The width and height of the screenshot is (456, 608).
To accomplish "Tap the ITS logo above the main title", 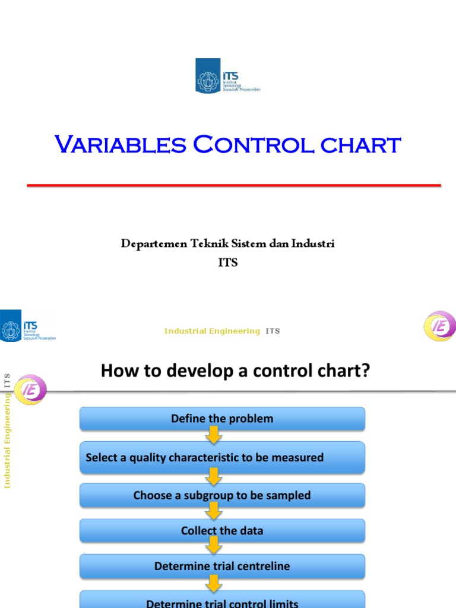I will (x=228, y=75).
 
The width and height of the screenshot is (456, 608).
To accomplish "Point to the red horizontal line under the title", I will (x=234, y=186).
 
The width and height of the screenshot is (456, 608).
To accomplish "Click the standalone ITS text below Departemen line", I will (x=228, y=262).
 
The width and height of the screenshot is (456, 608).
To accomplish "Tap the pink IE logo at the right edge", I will (x=439, y=326).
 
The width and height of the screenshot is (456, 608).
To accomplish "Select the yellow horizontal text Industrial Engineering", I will (x=212, y=331).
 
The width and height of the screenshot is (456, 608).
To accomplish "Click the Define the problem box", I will (x=222, y=419).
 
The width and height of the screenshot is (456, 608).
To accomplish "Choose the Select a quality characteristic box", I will (x=222, y=457).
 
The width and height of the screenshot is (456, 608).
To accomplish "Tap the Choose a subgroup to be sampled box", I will (x=222, y=495).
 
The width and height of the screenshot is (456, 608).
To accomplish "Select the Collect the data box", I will (x=222, y=531).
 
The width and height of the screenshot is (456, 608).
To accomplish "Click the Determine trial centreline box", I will (x=222, y=566).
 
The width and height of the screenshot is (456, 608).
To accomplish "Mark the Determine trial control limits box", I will (x=222, y=601).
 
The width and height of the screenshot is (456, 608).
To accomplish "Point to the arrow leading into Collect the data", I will (x=214, y=512).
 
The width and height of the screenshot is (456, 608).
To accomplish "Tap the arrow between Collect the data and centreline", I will (x=214, y=547).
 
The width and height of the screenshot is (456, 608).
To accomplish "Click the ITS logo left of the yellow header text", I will (x=28, y=325).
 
